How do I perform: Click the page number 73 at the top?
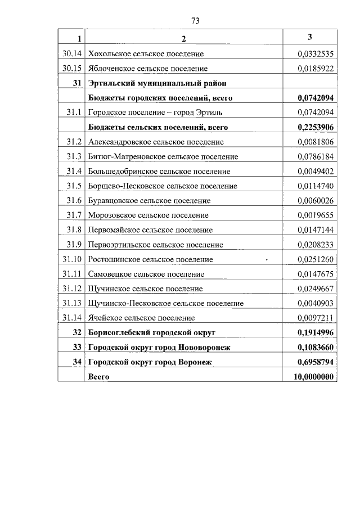coord(195,21)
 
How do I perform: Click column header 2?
coord(183,38)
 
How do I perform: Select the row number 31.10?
coord(73,259)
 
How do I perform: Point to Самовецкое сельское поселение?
coord(146,274)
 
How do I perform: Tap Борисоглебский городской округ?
coord(152,333)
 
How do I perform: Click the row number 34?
coord(78,362)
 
